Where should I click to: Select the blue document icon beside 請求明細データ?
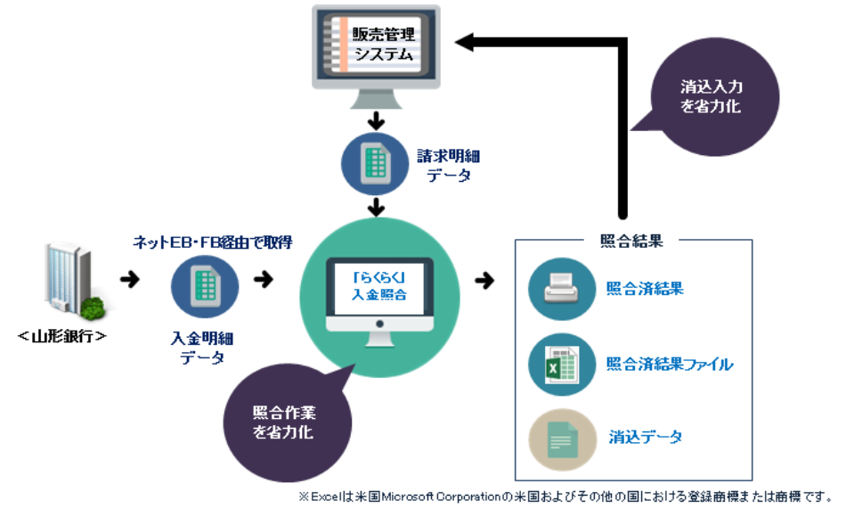pyautogui.click(x=376, y=163)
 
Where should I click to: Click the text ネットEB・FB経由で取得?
pyautogui.click(x=212, y=242)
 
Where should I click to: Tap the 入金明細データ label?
pyautogui.click(x=204, y=348)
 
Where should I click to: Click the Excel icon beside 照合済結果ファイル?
pyautogui.click(x=562, y=364)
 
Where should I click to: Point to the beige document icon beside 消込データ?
pyautogui.click(x=562, y=439)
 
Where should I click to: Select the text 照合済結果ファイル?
pyautogui.click(x=669, y=364)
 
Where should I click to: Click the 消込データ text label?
pyautogui.click(x=646, y=438)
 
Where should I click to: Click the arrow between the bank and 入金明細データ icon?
pyautogui.click(x=130, y=281)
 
